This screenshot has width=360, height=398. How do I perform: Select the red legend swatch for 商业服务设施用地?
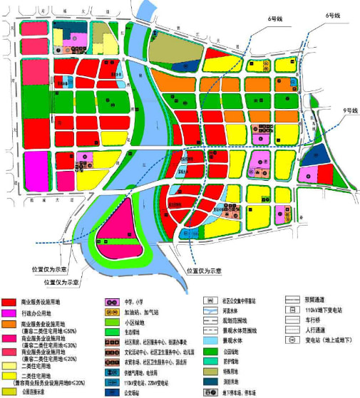click(x=10, y=302)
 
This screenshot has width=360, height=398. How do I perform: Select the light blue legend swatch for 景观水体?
click(x=210, y=342)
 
